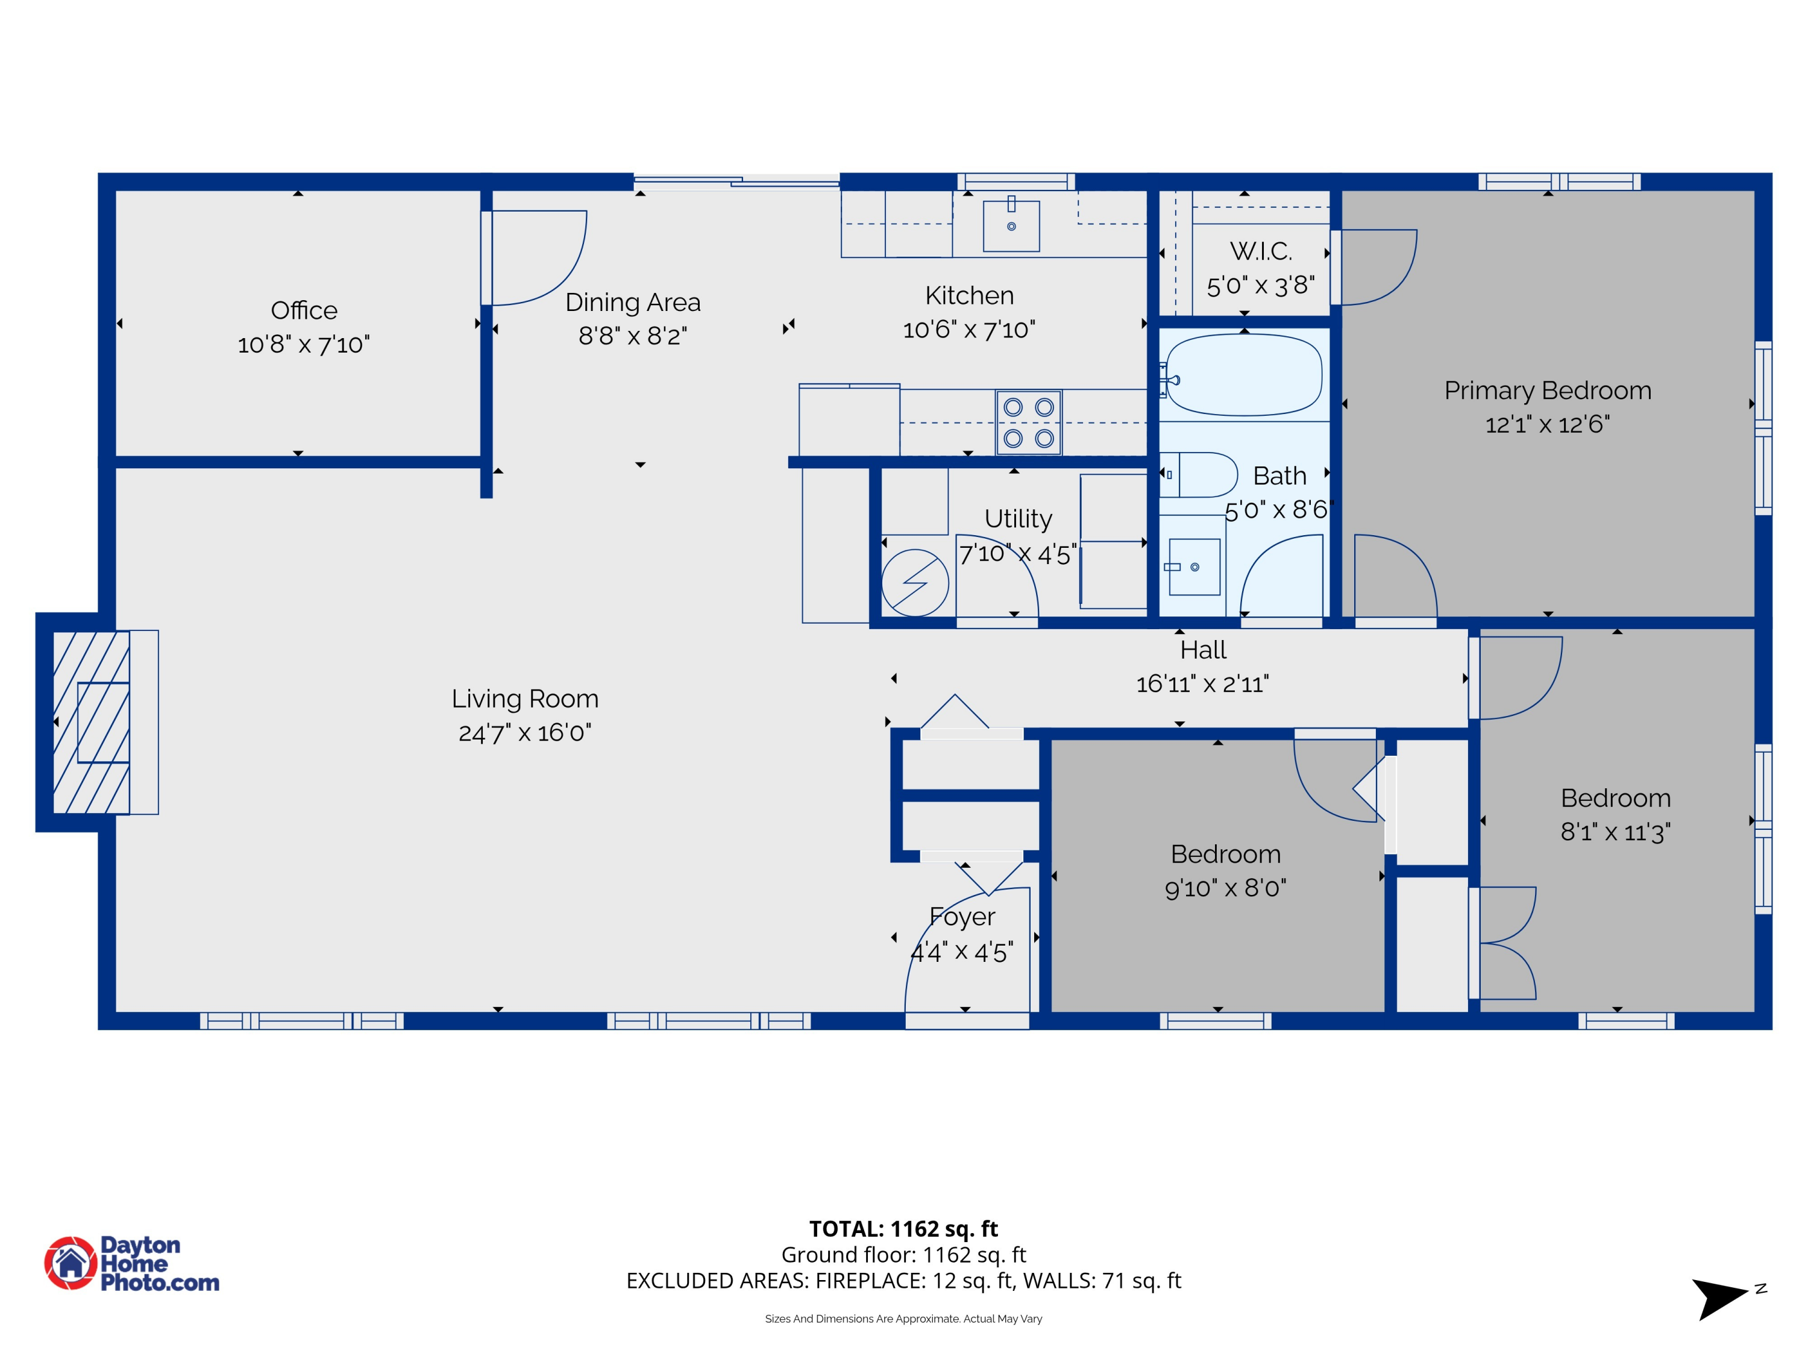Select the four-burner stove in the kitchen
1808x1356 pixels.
(x=1028, y=422)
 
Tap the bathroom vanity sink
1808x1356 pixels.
(x=1194, y=567)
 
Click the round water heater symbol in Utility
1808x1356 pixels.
(x=915, y=583)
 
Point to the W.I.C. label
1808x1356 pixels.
(x=1260, y=251)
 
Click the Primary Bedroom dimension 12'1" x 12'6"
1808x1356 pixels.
(x=1546, y=424)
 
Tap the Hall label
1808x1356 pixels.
(x=1202, y=650)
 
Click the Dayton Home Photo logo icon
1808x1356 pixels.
(x=71, y=1263)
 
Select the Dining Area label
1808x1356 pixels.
(x=633, y=303)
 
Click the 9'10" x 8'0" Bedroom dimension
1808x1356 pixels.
(x=1225, y=888)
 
